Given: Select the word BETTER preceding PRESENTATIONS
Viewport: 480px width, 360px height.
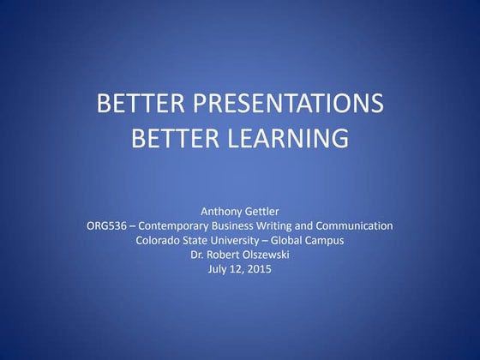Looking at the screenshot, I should [141, 105].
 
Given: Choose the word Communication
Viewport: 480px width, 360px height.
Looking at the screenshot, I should [357, 226].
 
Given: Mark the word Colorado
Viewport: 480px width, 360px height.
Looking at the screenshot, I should [159, 241].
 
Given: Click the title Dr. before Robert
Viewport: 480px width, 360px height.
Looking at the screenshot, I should [198, 255].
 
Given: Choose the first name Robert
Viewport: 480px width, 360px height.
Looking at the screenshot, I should [222, 255].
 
